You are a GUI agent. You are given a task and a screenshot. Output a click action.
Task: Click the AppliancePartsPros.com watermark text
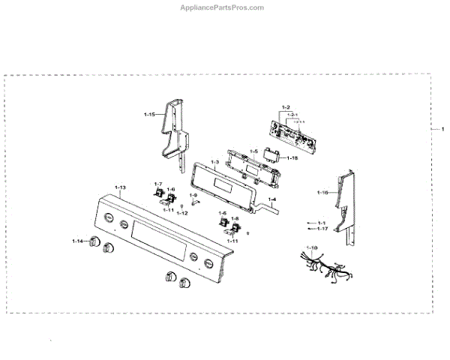(224, 7)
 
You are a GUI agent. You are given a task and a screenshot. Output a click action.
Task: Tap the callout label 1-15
(149, 115)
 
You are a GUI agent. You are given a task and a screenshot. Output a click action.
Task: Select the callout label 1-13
(120, 186)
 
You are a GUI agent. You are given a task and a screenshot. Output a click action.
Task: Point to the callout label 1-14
(77, 240)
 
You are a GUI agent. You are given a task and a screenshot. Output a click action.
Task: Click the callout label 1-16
(322, 193)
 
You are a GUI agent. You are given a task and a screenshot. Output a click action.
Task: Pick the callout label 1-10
(312, 247)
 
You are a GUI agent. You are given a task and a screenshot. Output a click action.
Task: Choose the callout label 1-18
(292, 158)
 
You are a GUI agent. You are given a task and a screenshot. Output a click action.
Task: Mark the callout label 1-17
(322, 229)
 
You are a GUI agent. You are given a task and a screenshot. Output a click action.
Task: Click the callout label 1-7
(157, 184)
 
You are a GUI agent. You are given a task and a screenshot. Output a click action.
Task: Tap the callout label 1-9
(193, 195)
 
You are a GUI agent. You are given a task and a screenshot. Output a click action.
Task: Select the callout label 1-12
(182, 213)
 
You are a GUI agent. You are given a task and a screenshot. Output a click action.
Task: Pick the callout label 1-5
(253, 151)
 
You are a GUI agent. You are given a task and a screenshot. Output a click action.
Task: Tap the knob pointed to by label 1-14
(94, 241)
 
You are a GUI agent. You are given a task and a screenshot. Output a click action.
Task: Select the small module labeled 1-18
(273, 157)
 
